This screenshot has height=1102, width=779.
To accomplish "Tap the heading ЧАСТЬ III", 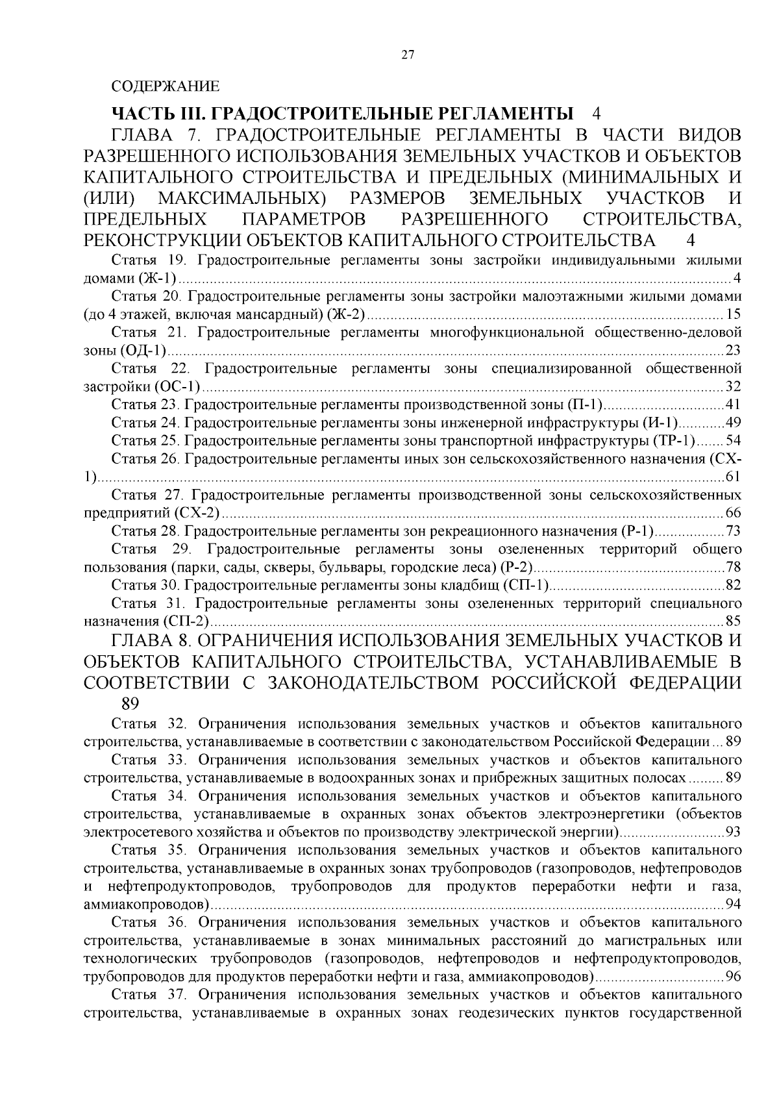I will point(160,113).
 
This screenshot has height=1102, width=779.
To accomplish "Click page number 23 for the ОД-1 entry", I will point(733,351).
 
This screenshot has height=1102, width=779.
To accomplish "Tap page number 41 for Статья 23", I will point(733,406).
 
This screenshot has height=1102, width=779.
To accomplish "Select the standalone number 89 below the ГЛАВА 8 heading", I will point(130,704).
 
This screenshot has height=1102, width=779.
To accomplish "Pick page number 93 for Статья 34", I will point(733,832).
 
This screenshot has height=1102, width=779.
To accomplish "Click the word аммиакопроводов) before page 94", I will point(147,904).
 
